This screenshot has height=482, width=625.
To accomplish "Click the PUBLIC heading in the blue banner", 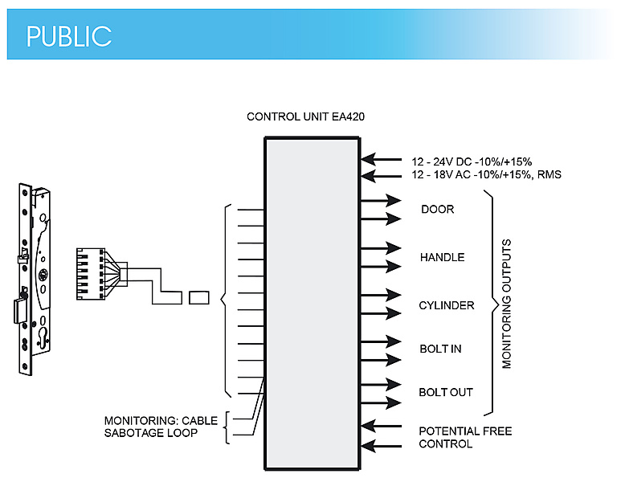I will coord(68,35).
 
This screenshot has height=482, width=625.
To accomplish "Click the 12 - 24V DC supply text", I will coord(472,160).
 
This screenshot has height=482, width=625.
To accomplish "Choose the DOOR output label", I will coord(437,210).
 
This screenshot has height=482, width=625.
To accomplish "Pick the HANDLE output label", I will coord(442,258).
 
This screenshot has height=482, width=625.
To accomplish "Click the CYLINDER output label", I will coord(447,306).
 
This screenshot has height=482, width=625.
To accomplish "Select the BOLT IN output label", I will coord(440,349).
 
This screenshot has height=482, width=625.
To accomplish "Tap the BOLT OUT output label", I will coord(446,393).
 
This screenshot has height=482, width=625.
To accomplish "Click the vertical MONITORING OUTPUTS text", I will coord(507,303).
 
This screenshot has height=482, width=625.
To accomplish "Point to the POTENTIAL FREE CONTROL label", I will coord(465,437).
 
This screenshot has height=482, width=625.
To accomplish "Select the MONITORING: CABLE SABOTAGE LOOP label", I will coord(161,427).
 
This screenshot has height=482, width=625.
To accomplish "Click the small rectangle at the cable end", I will coord(199,297).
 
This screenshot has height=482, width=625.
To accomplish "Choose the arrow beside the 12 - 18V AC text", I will coord(380,175).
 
